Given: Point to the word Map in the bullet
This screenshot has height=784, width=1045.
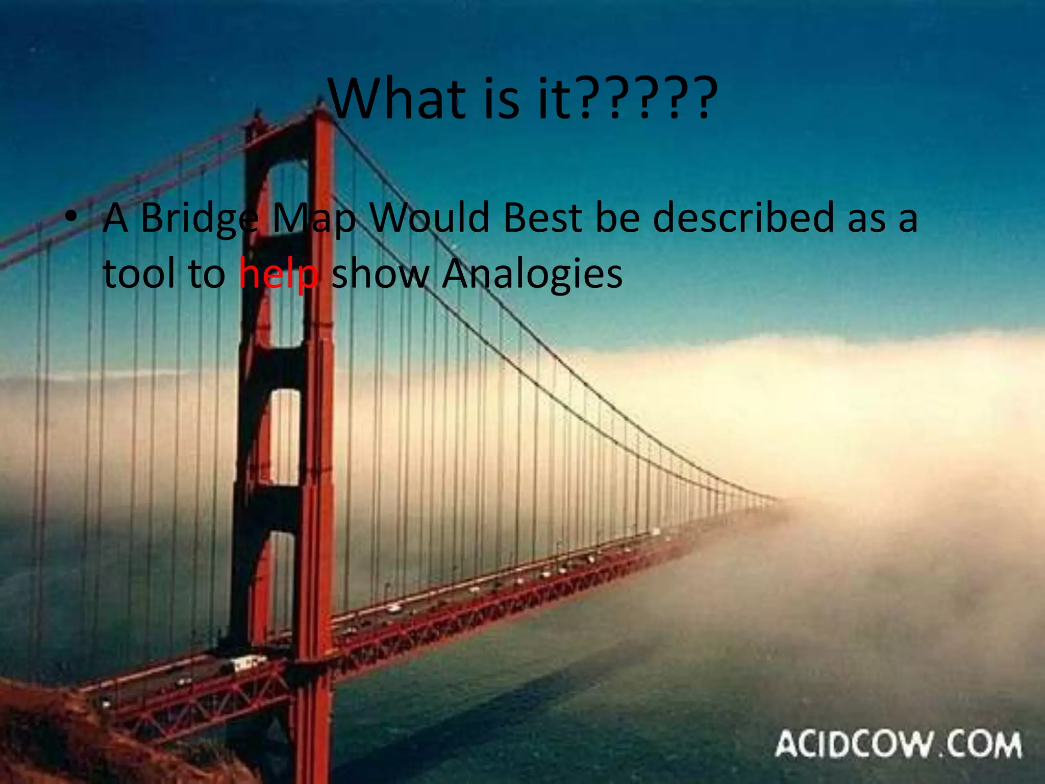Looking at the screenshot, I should click(314, 218).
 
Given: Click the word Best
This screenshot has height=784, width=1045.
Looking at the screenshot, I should click(542, 218).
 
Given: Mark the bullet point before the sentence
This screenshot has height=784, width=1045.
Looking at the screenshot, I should click(71, 217).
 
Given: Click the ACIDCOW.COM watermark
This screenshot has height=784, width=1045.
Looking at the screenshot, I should click(898, 744).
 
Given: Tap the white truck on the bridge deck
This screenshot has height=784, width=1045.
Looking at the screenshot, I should click(247, 664).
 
